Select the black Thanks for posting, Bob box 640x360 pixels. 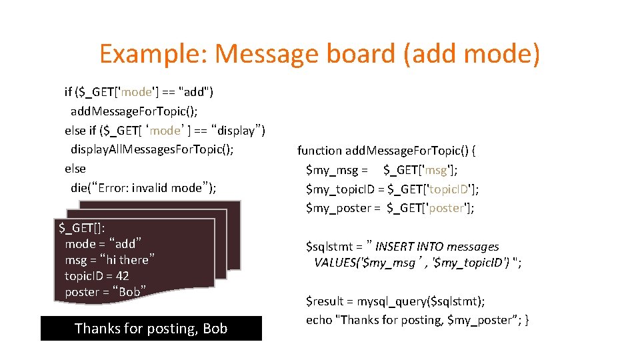coord(151,328)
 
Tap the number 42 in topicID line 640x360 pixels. coord(122,275)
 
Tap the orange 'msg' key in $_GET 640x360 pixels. coord(439,170)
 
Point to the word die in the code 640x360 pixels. coord(79,187)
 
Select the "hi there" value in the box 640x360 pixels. coord(129,259)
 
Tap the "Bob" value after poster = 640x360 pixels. coord(129,291)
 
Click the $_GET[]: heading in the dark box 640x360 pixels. coord(81,228)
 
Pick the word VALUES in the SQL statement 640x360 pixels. coord(335,262)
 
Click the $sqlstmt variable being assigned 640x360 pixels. coord(329,247)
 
